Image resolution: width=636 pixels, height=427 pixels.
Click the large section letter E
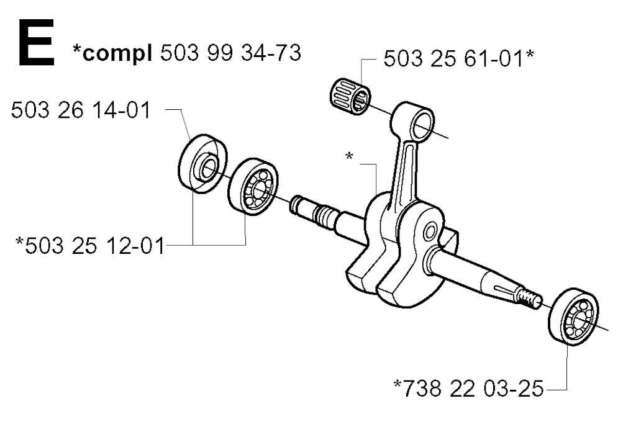pyautogui.click(x=37, y=43)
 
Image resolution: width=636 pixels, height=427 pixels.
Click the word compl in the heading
pyautogui.click(x=117, y=53)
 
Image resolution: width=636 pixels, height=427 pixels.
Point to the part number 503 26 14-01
pyautogui.click(x=81, y=110)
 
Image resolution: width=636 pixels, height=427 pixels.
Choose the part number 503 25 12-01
pyautogui.click(x=95, y=246)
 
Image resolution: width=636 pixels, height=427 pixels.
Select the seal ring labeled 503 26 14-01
pyautogui.click(x=202, y=163)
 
